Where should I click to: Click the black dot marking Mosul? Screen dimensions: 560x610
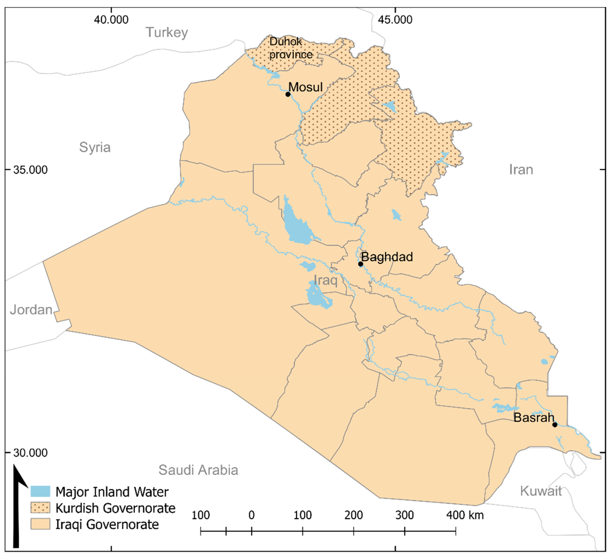click(288, 94)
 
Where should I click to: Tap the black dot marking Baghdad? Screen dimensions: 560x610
click(360, 264)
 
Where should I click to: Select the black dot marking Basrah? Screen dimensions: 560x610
click(555, 425)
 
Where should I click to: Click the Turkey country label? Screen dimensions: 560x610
click(167, 32)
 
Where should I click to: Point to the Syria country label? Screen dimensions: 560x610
click(95, 147)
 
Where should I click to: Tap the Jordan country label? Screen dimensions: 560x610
click(31, 310)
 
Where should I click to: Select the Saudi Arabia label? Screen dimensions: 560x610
click(198, 470)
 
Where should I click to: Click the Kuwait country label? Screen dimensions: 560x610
click(541, 491)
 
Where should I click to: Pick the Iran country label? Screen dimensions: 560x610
click(521, 170)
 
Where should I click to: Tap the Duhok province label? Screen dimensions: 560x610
click(291, 48)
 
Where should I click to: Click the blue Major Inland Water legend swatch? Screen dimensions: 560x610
click(40, 491)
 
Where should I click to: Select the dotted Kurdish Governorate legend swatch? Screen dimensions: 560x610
click(40, 508)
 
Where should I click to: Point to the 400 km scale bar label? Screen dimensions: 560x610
click(465, 515)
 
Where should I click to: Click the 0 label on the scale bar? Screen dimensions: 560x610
click(252, 515)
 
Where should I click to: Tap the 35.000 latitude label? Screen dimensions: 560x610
click(30, 170)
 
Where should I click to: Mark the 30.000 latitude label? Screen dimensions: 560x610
click(30, 453)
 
